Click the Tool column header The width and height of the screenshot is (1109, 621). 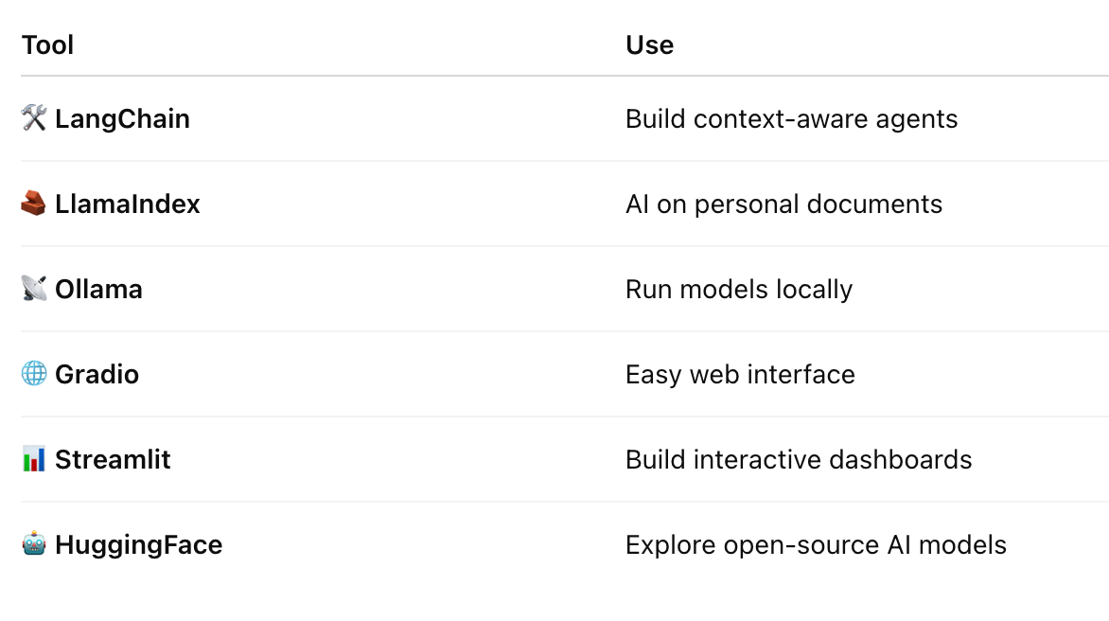tap(47, 45)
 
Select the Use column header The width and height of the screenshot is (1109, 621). tap(649, 45)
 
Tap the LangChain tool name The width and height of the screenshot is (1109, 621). tap(122, 119)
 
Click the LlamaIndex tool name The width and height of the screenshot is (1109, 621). tap(128, 204)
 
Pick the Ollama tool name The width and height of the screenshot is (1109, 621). tap(98, 290)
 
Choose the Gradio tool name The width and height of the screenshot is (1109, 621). tap(97, 375)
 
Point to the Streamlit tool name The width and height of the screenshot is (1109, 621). tap(113, 460)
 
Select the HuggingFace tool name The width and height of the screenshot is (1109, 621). tap(138, 545)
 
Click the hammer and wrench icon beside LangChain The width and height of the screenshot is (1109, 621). tap(34, 118)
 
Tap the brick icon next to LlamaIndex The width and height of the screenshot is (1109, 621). tap(34, 204)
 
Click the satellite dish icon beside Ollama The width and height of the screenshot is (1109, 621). tap(34, 289)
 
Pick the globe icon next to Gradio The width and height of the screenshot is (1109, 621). tap(34, 374)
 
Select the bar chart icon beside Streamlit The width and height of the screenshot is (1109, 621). tap(34, 459)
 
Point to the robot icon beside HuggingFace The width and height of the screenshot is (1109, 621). tap(34, 544)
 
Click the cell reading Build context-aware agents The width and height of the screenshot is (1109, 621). tap(791, 119)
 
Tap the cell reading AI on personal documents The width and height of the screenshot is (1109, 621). tap(783, 204)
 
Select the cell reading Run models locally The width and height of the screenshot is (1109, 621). tap(738, 290)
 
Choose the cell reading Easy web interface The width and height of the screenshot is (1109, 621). tap(740, 375)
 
